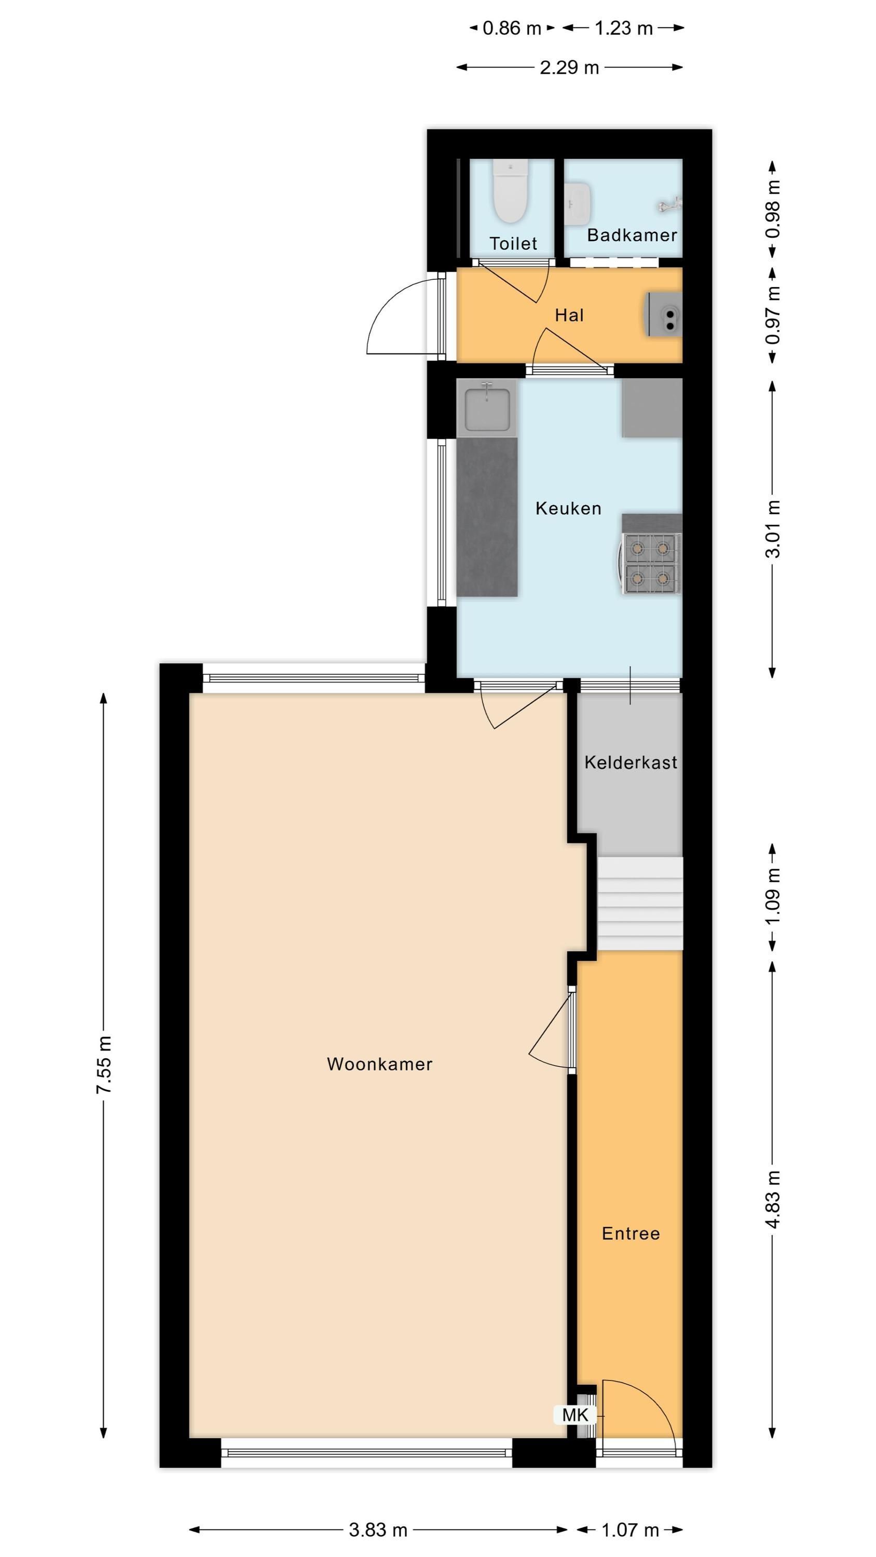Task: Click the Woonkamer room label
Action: pyautogui.click(x=380, y=1064)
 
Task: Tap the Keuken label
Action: pyautogui.click(x=568, y=508)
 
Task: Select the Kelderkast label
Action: pyautogui.click(x=631, y=763)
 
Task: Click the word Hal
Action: pyautogui.click(x=569, y=315)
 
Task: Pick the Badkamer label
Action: pyautogui.click(x=632, y=235)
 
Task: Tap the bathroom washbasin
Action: pyautogui.click(x=578, y=203)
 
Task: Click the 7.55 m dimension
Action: pyautogui.click(x=104, y=1064)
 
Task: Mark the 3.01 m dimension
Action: pyautogui.click(x=773, y=529)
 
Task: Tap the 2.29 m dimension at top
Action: pyautogui.click(x=569, y=67)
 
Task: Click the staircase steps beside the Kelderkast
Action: pyautogui.click(x=640, y=904)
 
